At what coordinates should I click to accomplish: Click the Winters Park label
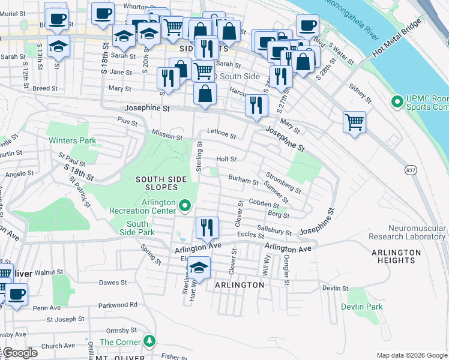(x=71, y=140)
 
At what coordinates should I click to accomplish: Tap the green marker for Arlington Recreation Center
(x=185, y=208)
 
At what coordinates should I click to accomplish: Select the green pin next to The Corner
(x=150, y=341)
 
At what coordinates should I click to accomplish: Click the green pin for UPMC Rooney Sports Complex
(x=396, y=102)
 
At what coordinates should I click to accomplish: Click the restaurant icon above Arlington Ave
(x=207, y=227)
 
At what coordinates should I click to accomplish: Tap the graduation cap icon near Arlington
(x=198, y=268)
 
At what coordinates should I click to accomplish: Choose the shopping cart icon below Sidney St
(x=354, y=121)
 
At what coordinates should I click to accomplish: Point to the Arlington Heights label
(x=396, y=256)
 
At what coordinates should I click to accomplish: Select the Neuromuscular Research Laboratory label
(x=417, y=232)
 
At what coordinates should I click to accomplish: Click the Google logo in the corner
(x=20, y=353)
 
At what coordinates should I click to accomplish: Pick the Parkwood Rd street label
(x=118, y=304)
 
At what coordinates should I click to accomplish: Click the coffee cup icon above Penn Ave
(x=16, y=295)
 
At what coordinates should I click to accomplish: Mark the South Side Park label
(x=137, y=228)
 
